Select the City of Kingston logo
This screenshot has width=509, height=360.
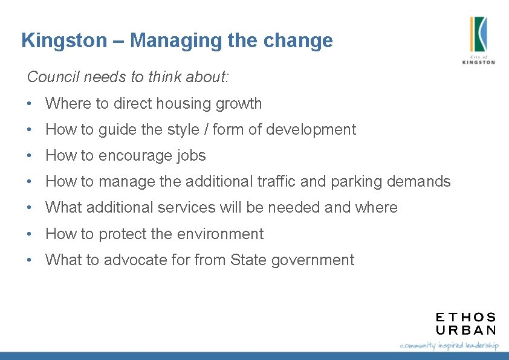[478, 40]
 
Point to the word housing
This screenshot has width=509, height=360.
[181, 104]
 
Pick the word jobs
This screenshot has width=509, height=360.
[192, 156]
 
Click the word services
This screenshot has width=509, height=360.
[186, 208]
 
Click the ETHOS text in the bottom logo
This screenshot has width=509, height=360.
[465, 317]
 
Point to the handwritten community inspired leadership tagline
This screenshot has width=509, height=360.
[449, 346]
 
